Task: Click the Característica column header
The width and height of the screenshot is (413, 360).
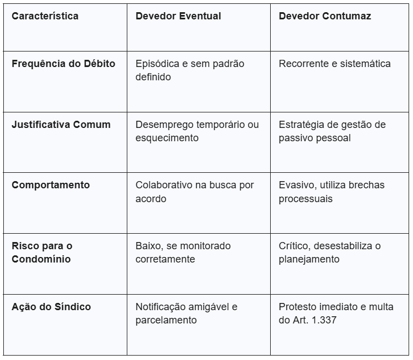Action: tap(45, 16)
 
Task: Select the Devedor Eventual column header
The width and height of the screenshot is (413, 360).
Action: tap(178, 16)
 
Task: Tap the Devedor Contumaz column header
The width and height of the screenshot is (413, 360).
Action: tap(325, 16)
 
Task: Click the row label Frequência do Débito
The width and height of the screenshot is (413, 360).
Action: tap(63, 64)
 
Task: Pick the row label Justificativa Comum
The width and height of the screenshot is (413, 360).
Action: tap(61, 125)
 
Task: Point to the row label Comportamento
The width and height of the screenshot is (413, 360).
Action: tap(50, 185)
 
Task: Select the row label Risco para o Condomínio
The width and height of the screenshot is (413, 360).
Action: tap(42, 252)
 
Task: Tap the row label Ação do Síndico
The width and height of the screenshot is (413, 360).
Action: tap(51, 307)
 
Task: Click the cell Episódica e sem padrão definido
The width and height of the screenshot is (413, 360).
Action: tap(189, 70)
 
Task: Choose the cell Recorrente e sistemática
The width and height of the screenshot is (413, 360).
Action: tap(334, 64)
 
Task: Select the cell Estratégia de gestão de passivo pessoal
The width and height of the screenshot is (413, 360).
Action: tap(332, 131)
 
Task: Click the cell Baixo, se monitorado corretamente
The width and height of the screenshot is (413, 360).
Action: tap(183, 252)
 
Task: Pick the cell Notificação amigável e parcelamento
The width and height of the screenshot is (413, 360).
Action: tap(186, 313)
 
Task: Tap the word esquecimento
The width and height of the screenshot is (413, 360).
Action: tap(167, 138)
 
